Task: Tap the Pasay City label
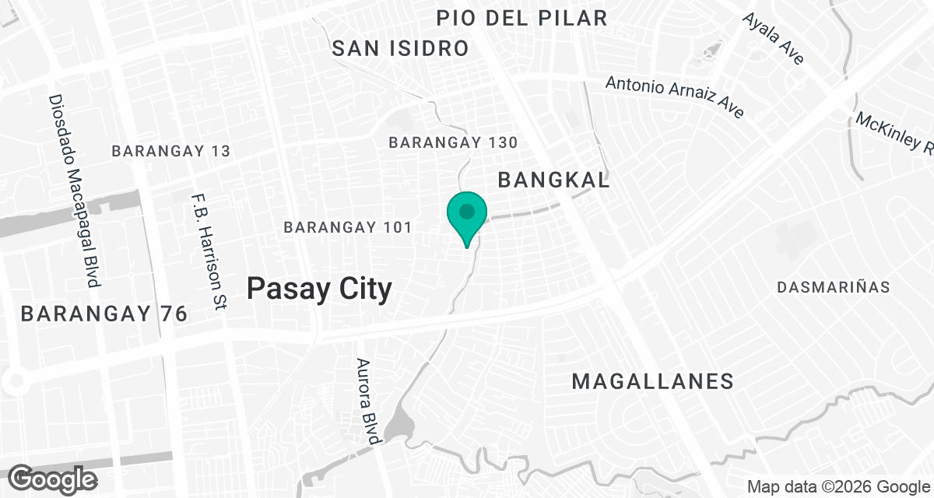319,289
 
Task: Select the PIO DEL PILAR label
521,18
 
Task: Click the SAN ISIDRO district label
401,48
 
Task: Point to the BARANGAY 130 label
453,143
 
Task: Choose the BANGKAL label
553,181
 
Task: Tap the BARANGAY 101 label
347,228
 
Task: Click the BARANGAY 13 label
171,151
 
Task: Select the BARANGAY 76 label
104,314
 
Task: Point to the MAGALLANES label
652,381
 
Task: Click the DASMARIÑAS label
833,287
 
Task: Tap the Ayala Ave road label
773,38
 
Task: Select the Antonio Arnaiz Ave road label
675,96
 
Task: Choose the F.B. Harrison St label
207,252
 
